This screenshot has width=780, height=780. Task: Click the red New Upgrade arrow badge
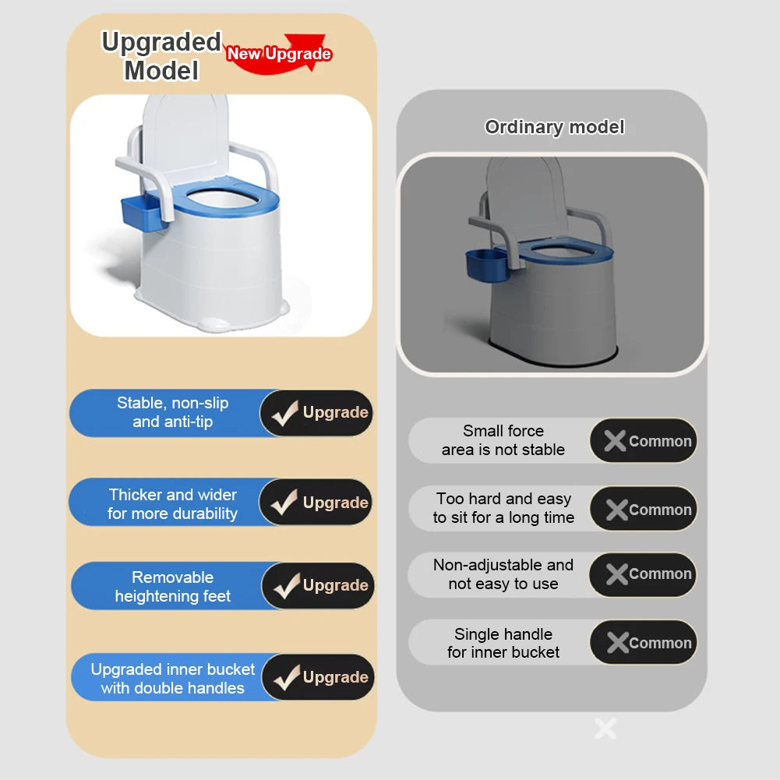(x=279, y=55)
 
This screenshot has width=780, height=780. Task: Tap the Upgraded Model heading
(x=161, y=56)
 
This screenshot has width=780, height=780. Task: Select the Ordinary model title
(x=554, y=127)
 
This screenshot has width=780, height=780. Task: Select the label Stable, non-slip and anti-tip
(x=172, y=412)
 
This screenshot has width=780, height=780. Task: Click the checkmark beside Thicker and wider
(x=284, y=503)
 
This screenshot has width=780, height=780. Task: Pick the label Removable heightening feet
(x=172, y=587)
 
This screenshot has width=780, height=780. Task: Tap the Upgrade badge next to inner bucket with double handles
(x=318, y=677)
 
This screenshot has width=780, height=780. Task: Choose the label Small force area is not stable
(x=503, y=440)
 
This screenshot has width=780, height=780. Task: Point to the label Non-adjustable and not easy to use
(x=503, y=574)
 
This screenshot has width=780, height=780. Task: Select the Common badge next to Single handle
(x=643, y=643)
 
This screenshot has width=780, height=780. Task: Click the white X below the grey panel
(x=605, y=729)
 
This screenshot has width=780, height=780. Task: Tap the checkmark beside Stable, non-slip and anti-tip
(x=284, y=413)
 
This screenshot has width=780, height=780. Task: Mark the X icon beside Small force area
(x=615, y=441)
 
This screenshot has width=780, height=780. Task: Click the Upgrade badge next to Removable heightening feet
(x=318, y=585)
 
